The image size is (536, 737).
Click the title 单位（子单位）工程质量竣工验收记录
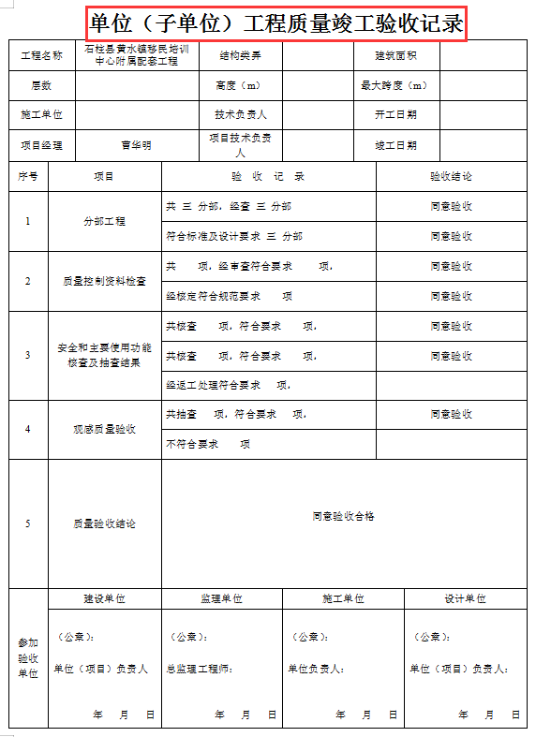click(276, 22)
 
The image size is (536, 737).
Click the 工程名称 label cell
click(41, 56)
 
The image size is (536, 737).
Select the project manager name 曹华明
click(136, 145)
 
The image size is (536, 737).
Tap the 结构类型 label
click(241, 56)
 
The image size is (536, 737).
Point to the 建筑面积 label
click(394, 56)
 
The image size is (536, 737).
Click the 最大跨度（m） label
click(394, 86)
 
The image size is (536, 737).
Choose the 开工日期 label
click(395, 115)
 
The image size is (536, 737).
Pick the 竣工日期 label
click(395, 145)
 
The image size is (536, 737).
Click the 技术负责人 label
click(241, 115)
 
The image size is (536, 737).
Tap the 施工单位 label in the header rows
click(41, 115)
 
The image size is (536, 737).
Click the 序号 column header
click(28, 176)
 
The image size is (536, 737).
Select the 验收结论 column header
click(451, 176)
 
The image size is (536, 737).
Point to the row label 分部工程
click(104, 222)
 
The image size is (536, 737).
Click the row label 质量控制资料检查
click(104, 281)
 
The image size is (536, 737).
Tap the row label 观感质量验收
click(104, 429)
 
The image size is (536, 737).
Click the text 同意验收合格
click(343, 516)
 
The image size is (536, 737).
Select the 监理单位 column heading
click(221, 598)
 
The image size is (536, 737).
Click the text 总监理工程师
click(199, 669)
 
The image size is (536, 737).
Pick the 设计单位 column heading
click(465, 598)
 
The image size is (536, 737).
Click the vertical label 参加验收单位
click(28, 658)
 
